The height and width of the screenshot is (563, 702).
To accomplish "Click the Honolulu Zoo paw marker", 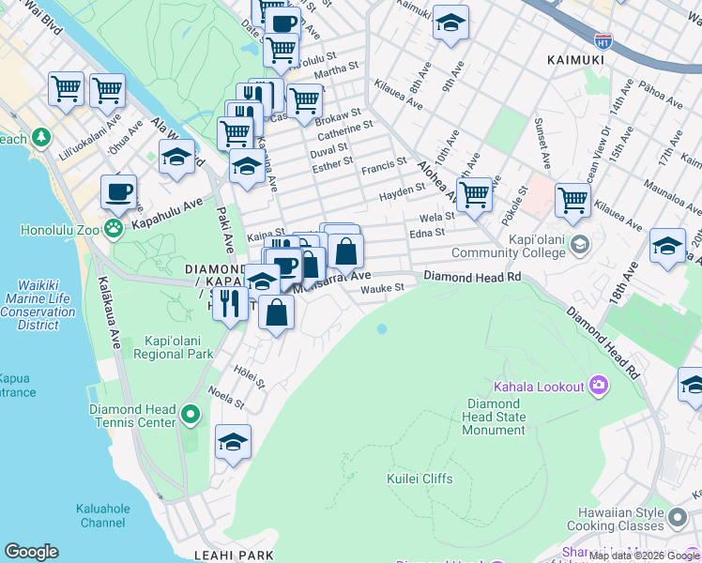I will coord(114,227).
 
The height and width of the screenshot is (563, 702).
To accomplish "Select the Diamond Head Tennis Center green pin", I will coord(191,414).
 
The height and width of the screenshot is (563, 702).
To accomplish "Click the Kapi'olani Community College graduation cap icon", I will coord(580,245).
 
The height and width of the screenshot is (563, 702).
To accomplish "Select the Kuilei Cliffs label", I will coord(420,479).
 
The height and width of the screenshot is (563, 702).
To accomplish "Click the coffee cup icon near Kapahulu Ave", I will coord(118,192).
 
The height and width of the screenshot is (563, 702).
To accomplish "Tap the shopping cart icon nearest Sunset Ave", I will coord(572,199).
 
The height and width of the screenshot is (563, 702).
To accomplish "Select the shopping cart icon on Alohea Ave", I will coord(475,194).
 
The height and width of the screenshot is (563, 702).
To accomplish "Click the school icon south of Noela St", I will coord(233,442).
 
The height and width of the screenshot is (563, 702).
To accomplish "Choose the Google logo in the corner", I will coord(31,552).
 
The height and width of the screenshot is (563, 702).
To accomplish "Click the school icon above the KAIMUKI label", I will coord(450,23).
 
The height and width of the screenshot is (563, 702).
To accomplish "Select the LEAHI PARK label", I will coord(231,555).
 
